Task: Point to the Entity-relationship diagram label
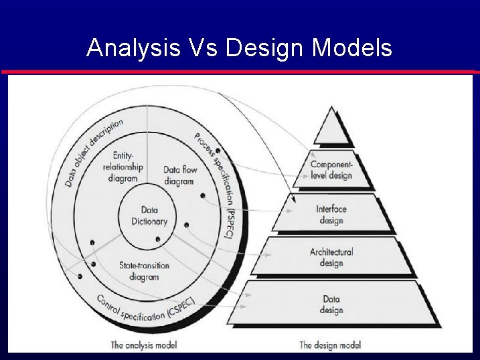coord(121,167)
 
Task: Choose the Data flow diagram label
coord(180,175)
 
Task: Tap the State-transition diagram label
coord(144,271)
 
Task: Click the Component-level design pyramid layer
coord(331,170)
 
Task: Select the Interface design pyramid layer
coord(331,215)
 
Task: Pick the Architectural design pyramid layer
coord(331,257)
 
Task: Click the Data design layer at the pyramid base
coord(331,304)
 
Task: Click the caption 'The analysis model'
coord(143,345)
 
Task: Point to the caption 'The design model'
coord(330,345)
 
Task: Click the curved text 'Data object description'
coord(93,151)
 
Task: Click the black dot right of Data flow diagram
coord(202,196)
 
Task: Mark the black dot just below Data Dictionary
coord(157,240)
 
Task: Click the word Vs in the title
coord(202,48)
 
